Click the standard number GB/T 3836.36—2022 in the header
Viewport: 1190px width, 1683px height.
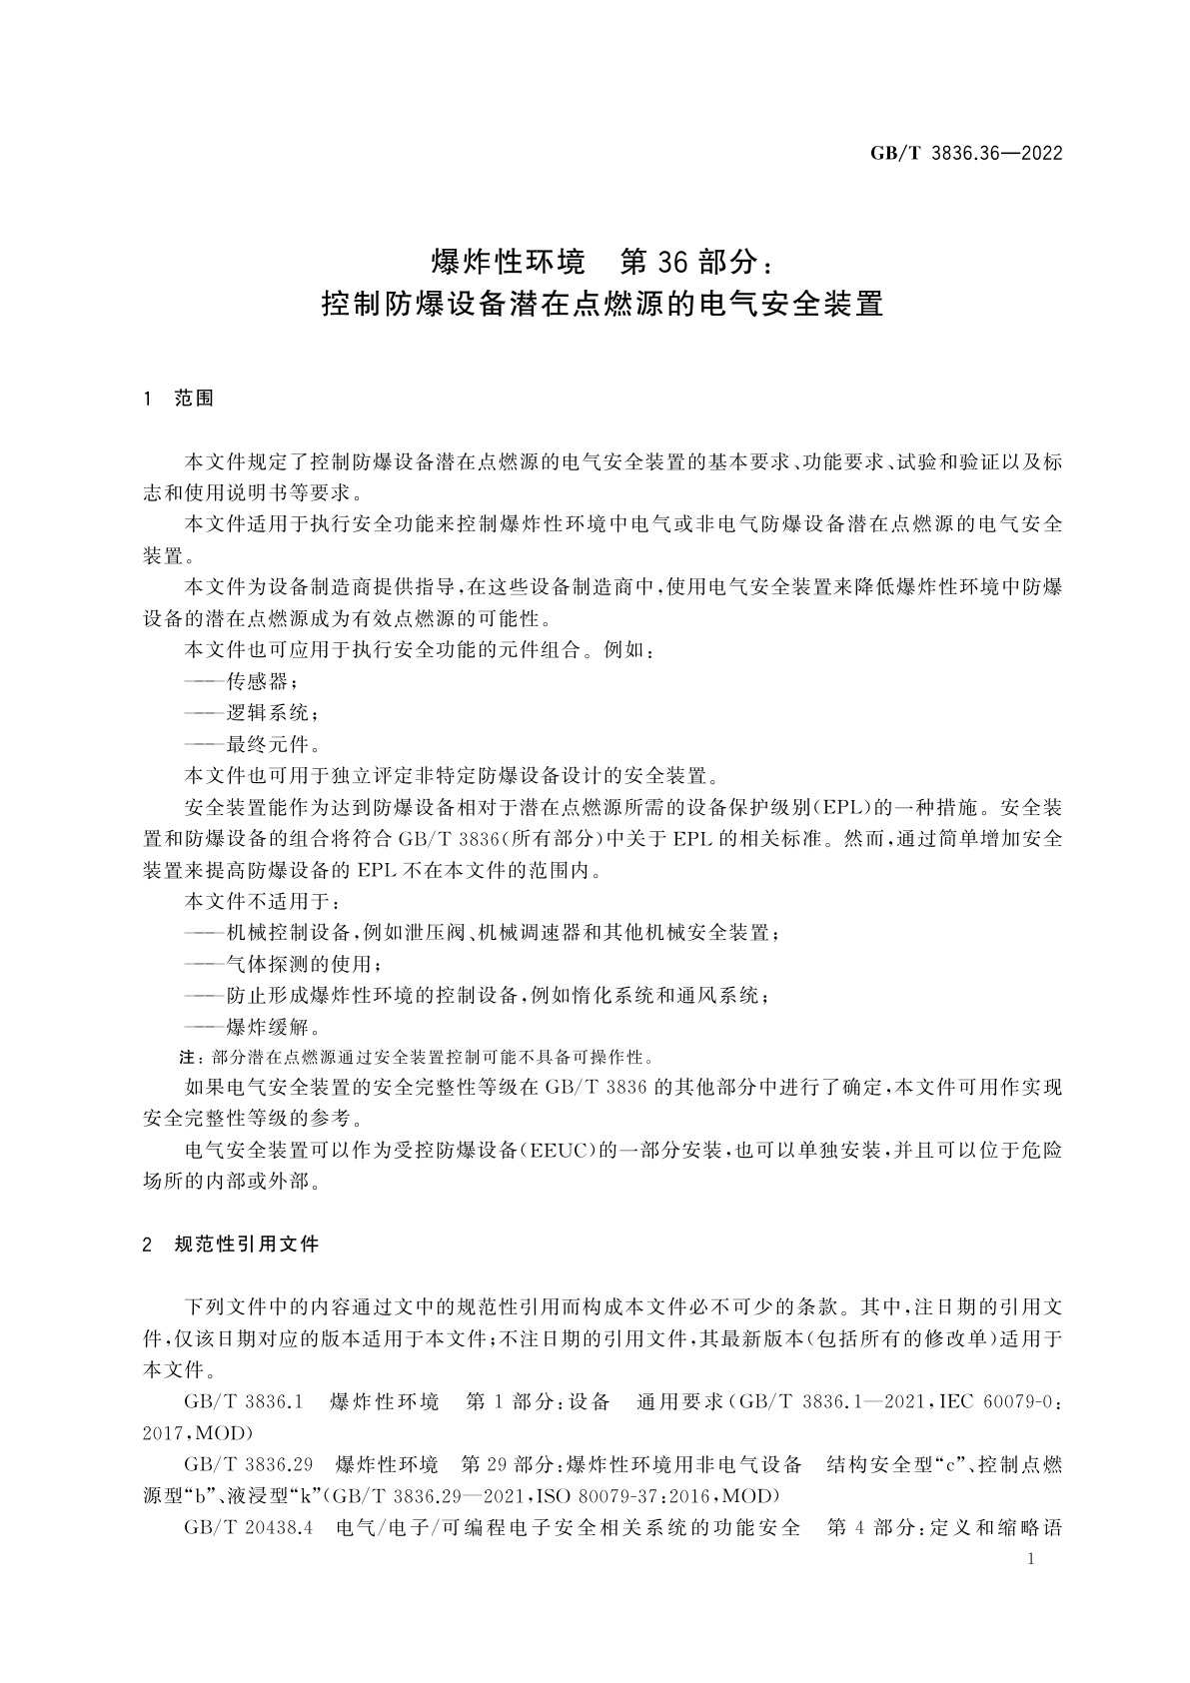965,154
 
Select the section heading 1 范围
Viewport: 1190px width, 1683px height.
179,399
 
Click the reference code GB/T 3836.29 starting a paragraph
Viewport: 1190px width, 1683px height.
249,1465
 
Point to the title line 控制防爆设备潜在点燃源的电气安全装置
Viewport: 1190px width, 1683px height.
601,304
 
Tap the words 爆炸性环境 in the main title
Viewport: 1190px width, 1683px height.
507,262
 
